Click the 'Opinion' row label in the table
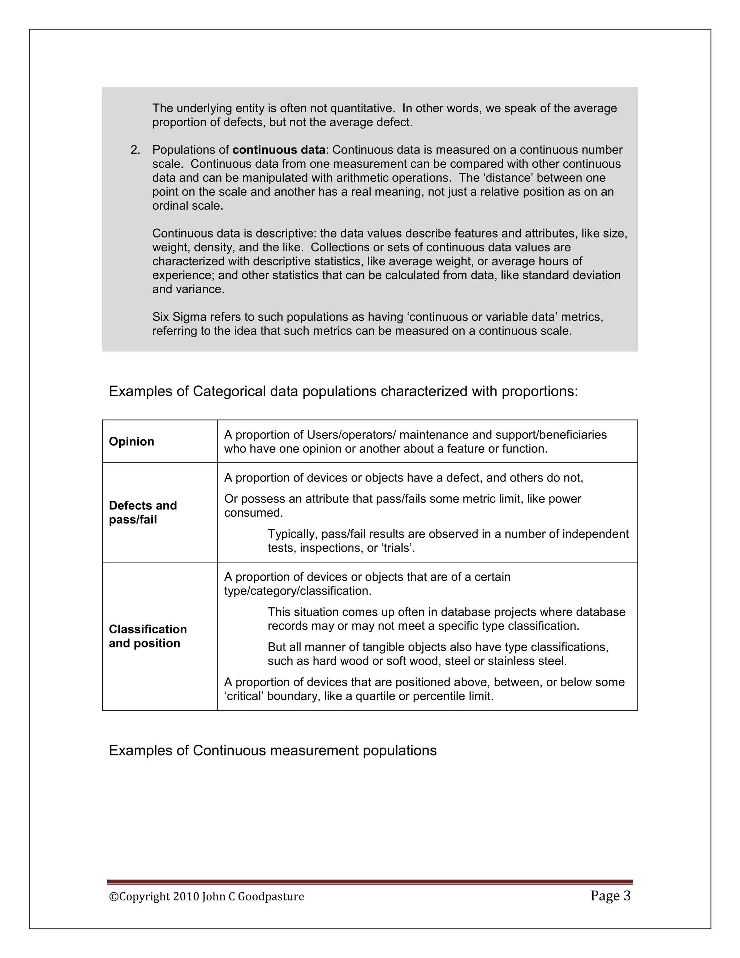[x=132, y=441]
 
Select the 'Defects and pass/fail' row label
[x=143, y=512]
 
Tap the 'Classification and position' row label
[x=148, y=636]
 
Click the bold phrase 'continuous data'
[x=279, y=150]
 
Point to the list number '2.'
[x=135, y=150]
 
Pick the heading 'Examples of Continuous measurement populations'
[x=273, y=750]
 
